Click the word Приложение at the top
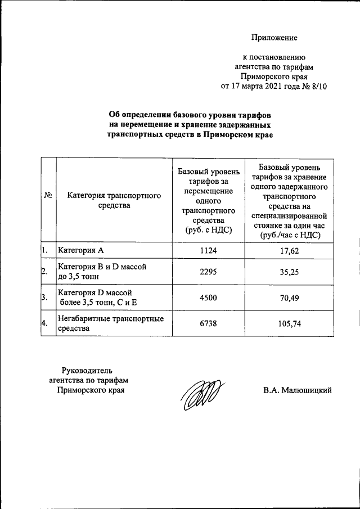[274, 38]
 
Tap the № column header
[48, 195]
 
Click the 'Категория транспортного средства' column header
[114, 200]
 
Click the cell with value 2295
[208, 272]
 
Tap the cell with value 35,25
[290, 272]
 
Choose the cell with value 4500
[208, 298]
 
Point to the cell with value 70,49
[290, 298]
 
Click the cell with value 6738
[208, 324]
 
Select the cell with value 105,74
[290, 324]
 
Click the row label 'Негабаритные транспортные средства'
[111, 323]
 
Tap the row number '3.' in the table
[44, 298]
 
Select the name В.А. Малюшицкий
[297, 390]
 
